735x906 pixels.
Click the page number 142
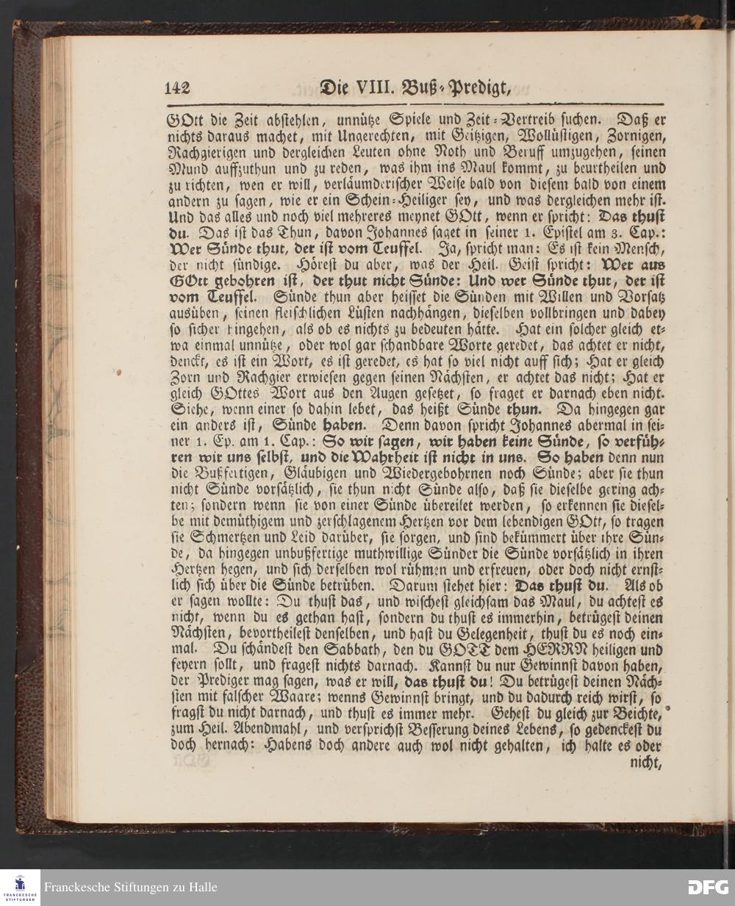177,87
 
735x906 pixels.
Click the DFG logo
708,887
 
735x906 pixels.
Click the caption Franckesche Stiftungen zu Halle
131,887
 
